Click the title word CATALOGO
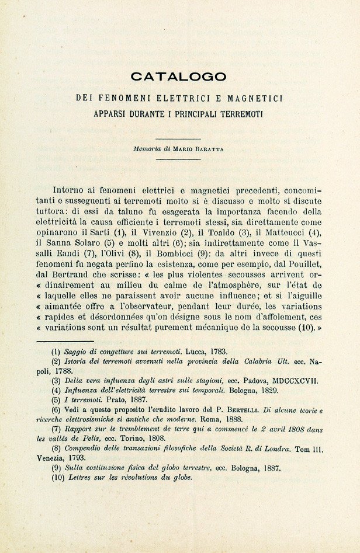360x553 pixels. pos(178,76)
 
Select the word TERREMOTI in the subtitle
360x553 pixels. pos(238,113)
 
